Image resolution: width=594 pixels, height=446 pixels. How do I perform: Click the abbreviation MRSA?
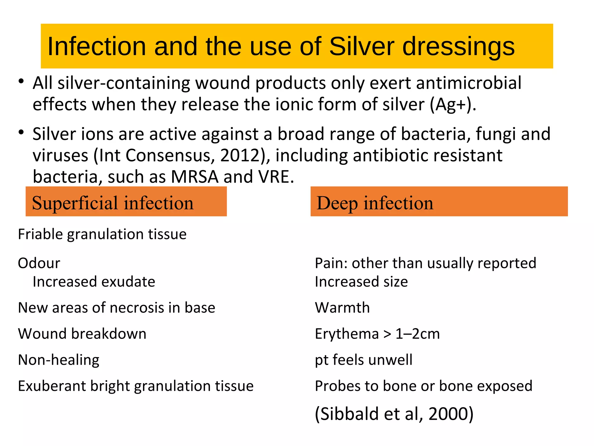(x=194, y=177)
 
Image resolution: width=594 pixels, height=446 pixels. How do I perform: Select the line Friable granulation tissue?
(x=102, y=234)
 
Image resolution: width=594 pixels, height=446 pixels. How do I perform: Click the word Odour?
(x=39, y=263)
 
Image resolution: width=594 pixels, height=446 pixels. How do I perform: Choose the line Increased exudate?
(x=94, y=282)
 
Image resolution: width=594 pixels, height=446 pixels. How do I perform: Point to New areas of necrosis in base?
(x=117, y=307)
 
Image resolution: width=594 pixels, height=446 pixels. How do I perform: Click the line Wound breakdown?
(x=82, y=334)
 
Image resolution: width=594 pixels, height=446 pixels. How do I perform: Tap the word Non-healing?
(x=59, y=360)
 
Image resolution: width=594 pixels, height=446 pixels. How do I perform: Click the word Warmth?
(x=342, y=307)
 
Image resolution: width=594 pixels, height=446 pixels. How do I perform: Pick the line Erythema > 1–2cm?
(x=377, y=334)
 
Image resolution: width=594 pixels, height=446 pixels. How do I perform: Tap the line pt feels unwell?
(x=363, y=360)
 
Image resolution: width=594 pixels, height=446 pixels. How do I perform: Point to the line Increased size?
(x=361, y=282)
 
